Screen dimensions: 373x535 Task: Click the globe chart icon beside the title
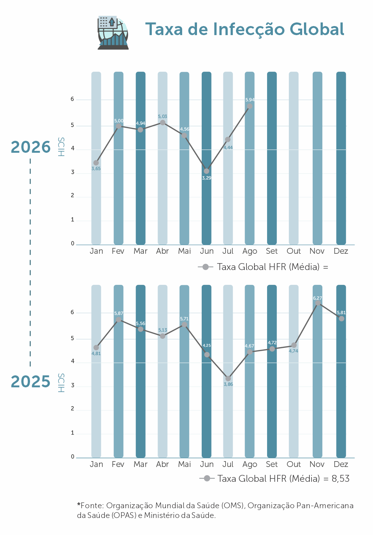pos(113,33)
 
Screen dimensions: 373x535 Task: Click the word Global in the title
pos(317,29)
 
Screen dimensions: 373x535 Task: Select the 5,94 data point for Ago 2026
pos(250,106)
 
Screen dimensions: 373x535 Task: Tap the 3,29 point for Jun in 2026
pos(206,171)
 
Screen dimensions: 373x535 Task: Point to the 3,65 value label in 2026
pos(96,169)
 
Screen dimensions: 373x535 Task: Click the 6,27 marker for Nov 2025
pos(318,303)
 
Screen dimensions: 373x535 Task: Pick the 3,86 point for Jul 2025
pos(228,379)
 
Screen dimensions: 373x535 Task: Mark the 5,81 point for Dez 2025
pos(341,319)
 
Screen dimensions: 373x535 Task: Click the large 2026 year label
pos(31,147)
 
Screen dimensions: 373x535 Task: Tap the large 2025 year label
pos(31,382)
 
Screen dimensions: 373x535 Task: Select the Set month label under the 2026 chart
pos(272,251)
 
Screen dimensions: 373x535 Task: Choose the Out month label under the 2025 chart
pos(293,464)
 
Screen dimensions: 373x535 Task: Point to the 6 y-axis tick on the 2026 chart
pos(72,99)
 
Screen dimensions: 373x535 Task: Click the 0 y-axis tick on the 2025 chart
pos(73,457)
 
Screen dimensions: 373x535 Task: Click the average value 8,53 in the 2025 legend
pos(340,479)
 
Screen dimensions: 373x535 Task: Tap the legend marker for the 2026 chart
pos(205,267)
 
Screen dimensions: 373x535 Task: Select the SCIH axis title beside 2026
pos(61,147)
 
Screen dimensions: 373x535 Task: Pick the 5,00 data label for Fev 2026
pos(119,121)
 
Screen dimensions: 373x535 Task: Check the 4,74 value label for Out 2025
pos(293,351)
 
